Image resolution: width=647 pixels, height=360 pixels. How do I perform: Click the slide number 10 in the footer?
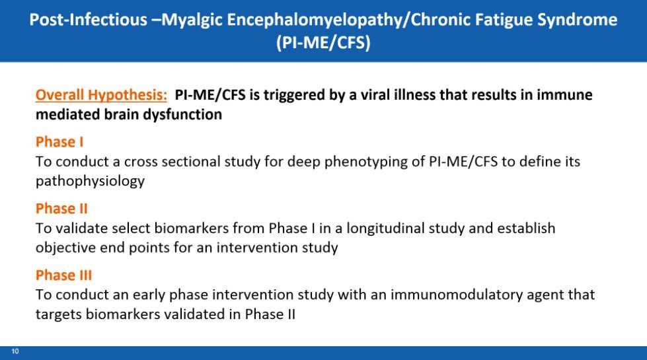click(x=15, y=351)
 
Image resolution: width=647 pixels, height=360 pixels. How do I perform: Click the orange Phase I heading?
click(x=59, y=142)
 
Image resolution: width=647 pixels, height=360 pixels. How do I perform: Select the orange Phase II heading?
click(x=61, y=209)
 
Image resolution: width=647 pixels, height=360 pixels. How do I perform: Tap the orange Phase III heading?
click(x=63, y=275)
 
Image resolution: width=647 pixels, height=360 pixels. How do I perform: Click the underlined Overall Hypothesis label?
click(x=101, y=95)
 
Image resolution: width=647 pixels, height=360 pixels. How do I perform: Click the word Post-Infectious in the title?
click(x=89, y=19)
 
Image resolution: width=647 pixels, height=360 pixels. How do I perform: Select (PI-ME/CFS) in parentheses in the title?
click(x=324, y=42)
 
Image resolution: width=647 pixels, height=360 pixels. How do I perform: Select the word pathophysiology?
click(x=90, y=182)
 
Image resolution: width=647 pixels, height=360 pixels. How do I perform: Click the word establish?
click(x=526, y=228)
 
